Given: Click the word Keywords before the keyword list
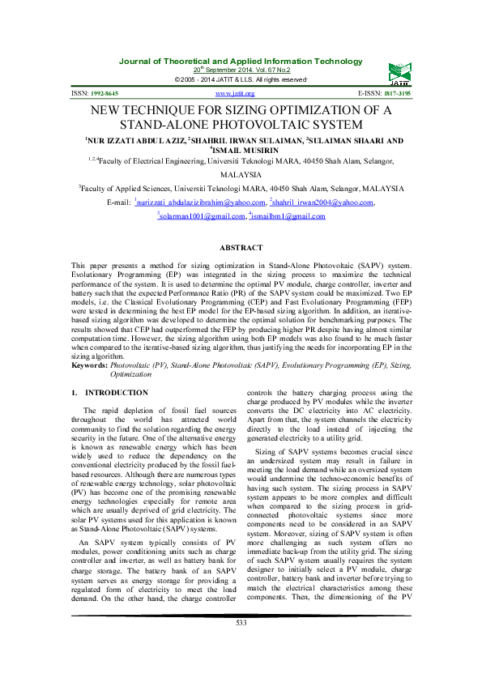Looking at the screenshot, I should [89, 344].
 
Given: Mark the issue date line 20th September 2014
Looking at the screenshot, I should [241, 70].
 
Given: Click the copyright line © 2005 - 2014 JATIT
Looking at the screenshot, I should [241, 79].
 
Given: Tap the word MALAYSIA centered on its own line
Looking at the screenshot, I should [241, 174].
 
